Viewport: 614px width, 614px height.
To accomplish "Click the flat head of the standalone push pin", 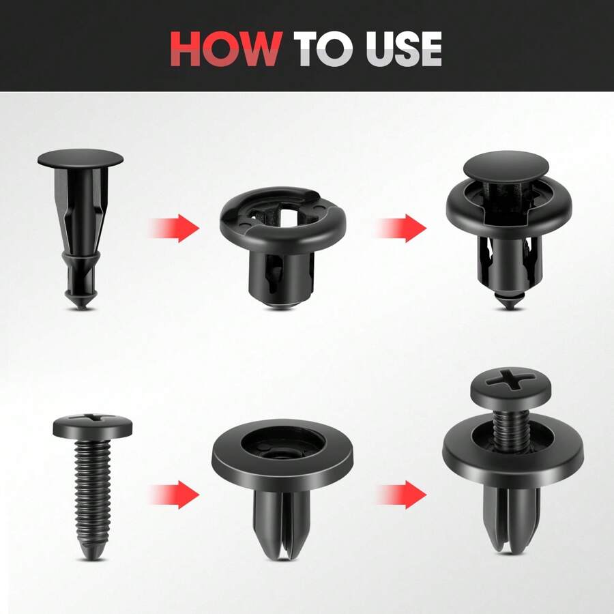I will tap(81, 160).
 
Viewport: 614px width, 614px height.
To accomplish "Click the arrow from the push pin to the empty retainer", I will tap(175, 227).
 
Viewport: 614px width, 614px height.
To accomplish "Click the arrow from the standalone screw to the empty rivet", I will tap(175, 493).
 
